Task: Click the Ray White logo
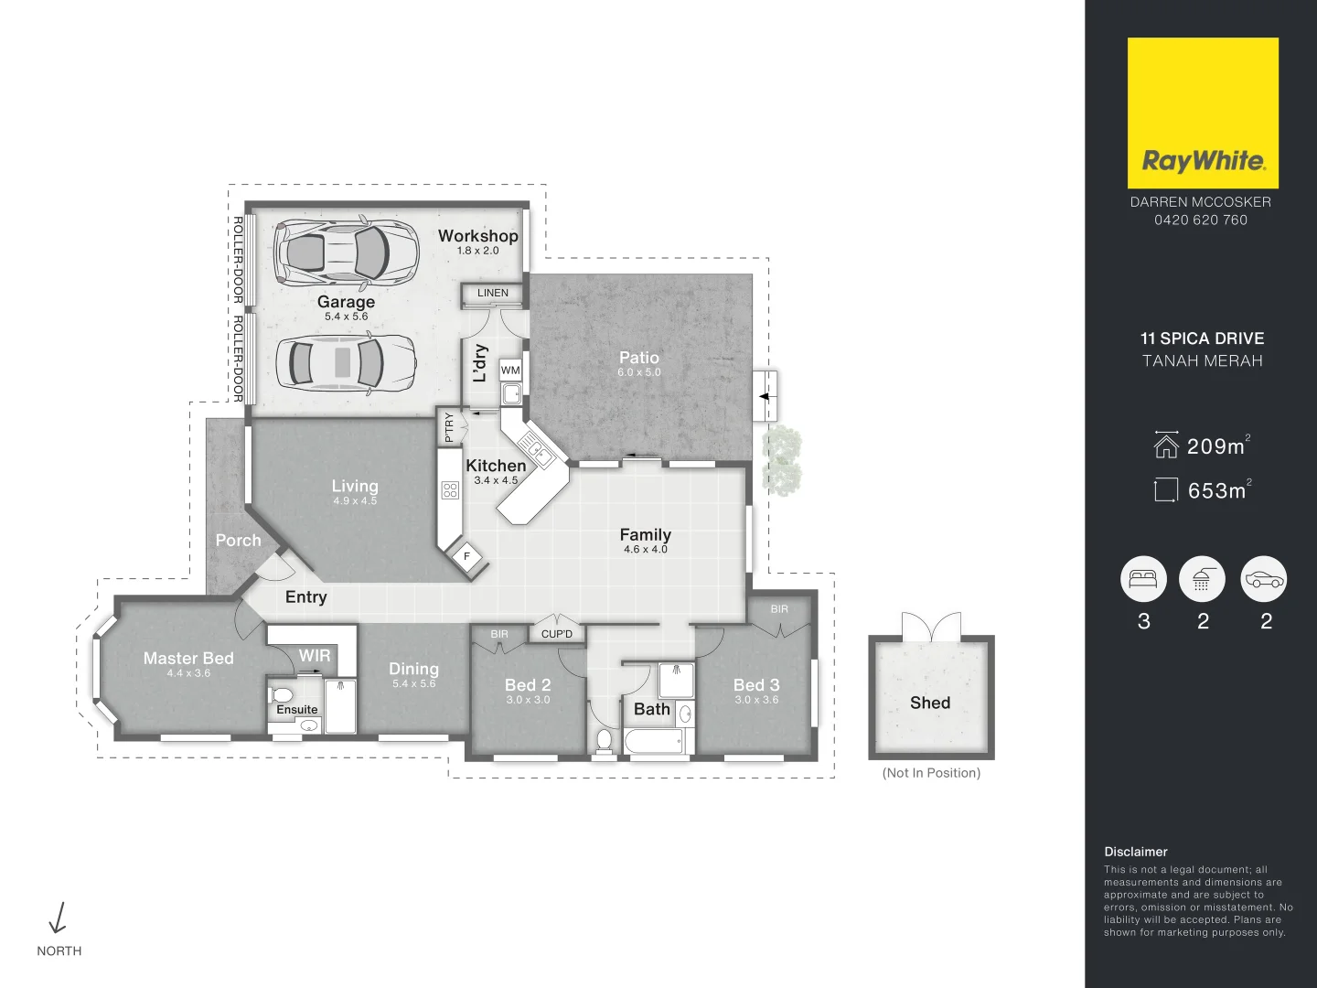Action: pyautogui.click(x=1202, y=113)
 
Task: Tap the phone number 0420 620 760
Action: pyautogui.click(x=1200, y=220)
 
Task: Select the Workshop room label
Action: pyautogui.click(x=477, y=236)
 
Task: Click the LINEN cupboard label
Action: pyautogui.click(x=492, y=293)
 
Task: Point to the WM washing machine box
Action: pyautogui.click(x=510, y=370)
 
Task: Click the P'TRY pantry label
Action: pyautogui.click(x=449, y=427)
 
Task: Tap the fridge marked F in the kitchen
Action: pyautogui.click(x=467, y=556)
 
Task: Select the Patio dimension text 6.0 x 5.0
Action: pyautogui.click(x=638, y=372)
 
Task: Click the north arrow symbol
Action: pyautogui.click(x=59, y=918)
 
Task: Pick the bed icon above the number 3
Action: pyautogui.click(x=1143, y=578)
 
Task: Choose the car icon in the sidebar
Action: pyautogui.click(x=1264, y=578)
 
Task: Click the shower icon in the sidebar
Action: pyautogui.click(x=1202, y=578)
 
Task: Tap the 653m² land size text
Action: pyautogui.click(x=1217, y=491)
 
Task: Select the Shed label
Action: pyautogui.click(x=929, y=703)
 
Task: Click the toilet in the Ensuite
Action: pyautogui.click(x=282, y=695)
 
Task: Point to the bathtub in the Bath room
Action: pyautogui.click(x=653, y=740)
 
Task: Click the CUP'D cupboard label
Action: pyautogui.click(x=556, y=634)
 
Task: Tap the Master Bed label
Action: pyautogui.click(x=188, y=658)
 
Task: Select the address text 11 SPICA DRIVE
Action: pyautogui.click(x=1202, y=338)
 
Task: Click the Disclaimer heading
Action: pyautogui.click(x=1135, y=852)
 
